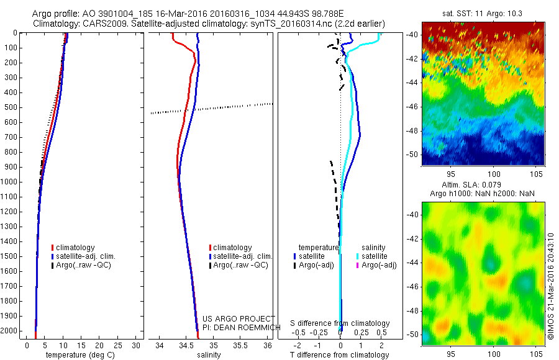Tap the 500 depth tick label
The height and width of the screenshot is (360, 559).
click(11, 107)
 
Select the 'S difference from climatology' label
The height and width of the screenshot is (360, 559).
click(340, 323)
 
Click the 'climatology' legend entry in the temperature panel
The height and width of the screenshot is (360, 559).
click(75, 248)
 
